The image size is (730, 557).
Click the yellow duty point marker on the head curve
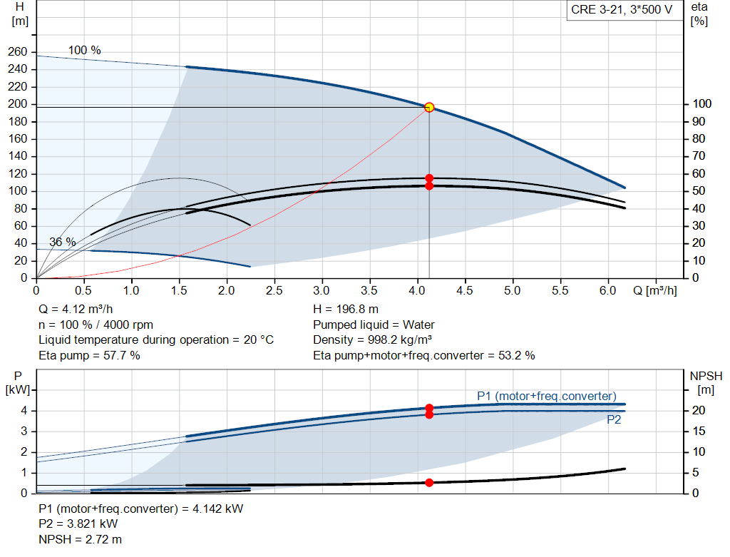point(429,107)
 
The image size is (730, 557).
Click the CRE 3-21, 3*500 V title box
point(621,10)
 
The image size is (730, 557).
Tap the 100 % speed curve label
point(85,51)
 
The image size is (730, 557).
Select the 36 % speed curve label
point(62,242)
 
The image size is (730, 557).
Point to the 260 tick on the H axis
point(18,52)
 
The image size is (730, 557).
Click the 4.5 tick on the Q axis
point(465,290)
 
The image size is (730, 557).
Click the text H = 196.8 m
point(346,310)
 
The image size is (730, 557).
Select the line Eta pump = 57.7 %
point(89,355)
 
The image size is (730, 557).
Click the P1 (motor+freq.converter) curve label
point(547,396)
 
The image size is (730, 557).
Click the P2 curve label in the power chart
point(614,420)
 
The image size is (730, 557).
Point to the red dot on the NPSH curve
point(429,483)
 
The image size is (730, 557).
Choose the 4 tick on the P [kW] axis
point(24,411)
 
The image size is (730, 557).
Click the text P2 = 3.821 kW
point(78,524)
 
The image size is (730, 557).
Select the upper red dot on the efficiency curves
point(429,178)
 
